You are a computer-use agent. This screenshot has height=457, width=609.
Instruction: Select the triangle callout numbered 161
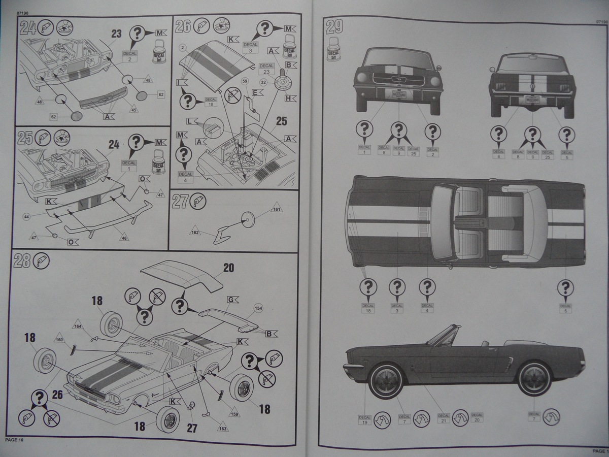(x=277, y=209)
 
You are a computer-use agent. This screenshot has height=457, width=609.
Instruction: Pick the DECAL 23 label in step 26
(x=266, y=69)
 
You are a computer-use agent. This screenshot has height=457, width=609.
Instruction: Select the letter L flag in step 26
(x=191, y=121)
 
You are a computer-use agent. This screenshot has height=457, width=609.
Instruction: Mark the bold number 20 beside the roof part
(x=228, y=268)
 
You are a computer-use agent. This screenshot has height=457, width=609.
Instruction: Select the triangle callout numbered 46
(x=124, y=237)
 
